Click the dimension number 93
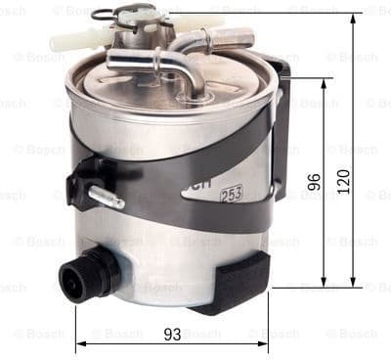click(x=172, y=334)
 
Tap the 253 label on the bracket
click(x=233, y=193)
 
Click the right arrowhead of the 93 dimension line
click(x=266, y=344)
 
